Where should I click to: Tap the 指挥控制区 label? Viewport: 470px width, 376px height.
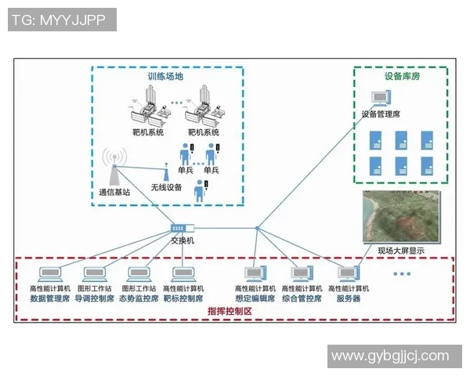coord(230,311)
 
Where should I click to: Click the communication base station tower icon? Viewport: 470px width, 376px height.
coord(114,167)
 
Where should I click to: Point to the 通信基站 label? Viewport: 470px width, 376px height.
coord(114,192)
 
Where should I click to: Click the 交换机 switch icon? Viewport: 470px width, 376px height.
coord(182,228)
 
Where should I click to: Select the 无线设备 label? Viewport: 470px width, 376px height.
coord(166,187)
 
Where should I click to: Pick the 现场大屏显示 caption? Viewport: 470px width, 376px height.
coord(400,251)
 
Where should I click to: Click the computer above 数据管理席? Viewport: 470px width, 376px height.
coord(51,274)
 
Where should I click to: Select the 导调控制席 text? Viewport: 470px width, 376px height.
coord(95,298)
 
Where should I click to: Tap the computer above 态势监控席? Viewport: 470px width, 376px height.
coord(139,274)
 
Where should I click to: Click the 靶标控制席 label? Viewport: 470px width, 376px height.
coord(183,298)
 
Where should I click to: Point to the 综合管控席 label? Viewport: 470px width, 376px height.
coord(302,298)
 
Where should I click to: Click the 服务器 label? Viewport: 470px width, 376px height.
coord(348,298)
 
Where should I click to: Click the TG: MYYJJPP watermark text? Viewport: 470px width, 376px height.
coord(61,20)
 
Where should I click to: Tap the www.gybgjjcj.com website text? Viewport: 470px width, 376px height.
coord(390,356)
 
